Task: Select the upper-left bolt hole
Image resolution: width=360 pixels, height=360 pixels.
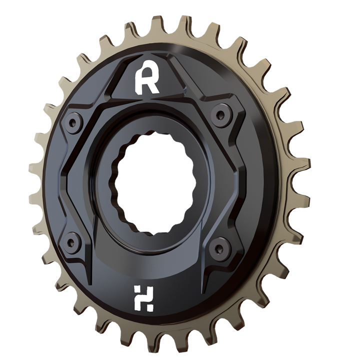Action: click(x=74, y=121)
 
